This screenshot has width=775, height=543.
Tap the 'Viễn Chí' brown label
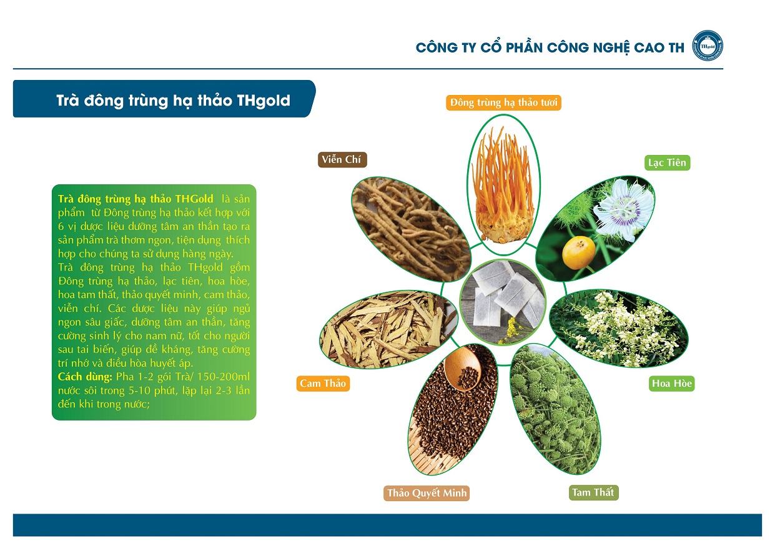point(342,159)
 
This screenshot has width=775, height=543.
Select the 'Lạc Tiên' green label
point(667,162)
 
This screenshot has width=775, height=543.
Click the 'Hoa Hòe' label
point(671,384)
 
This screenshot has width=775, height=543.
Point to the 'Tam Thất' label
point(593,492)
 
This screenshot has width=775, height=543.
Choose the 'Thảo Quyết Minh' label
point(427,493)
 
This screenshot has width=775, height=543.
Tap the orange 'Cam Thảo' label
point(323,384)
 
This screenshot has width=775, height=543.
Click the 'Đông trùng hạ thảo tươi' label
point(503,102)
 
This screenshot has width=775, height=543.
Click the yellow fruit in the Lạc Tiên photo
point(578,252)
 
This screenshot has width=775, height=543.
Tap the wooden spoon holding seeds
point(462,368)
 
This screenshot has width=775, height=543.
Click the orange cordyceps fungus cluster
point(503,185)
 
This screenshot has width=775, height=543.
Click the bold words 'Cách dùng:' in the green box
point(85,377)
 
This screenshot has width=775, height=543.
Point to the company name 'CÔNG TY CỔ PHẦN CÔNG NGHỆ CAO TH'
point(550,47)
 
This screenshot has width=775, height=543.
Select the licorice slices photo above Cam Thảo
point(388,329)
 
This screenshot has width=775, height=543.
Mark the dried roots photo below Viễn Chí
point(412,229)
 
